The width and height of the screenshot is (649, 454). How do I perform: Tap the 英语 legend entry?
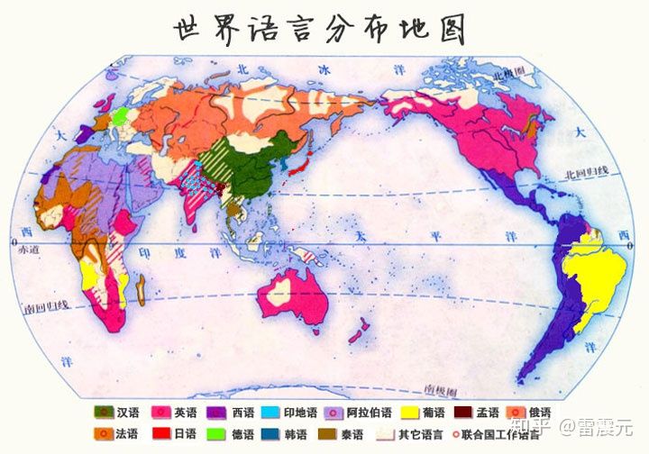tap(175, 413)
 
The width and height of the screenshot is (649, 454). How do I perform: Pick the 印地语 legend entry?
tap(290, 413)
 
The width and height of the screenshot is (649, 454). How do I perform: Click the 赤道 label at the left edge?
tap(28, 250)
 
